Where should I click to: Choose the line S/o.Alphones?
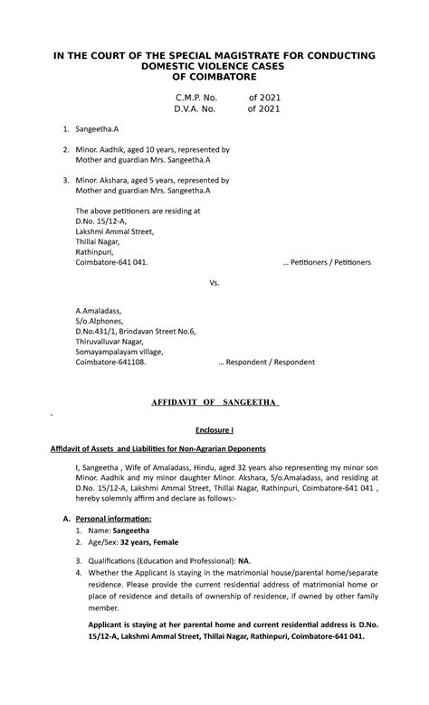coord(99,321)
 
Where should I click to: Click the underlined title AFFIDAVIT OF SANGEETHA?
coord(214,401)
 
